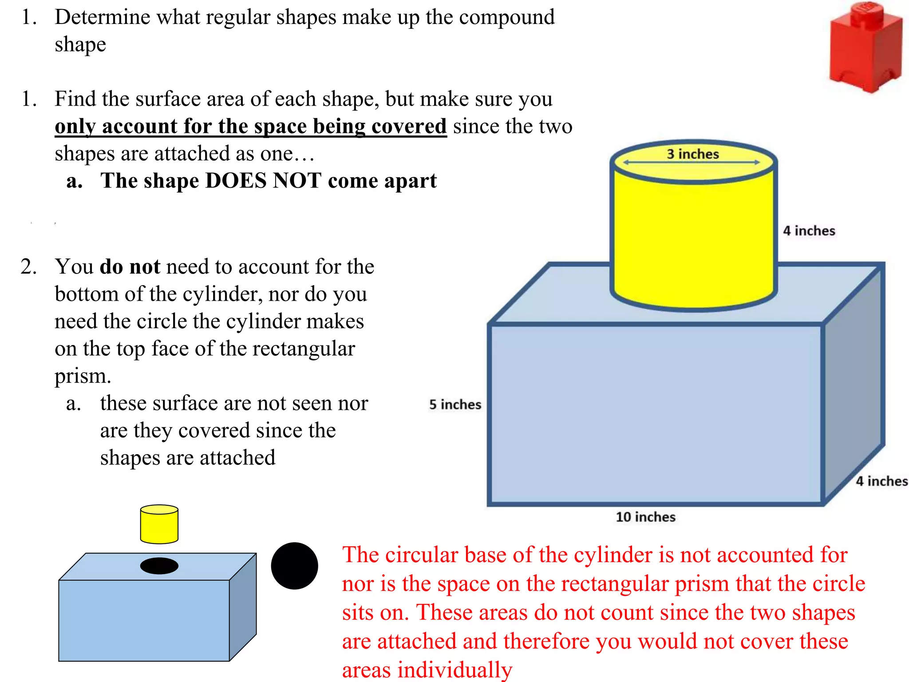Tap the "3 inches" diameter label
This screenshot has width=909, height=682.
coord(692,154)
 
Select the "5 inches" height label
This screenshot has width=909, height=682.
coord(455,404)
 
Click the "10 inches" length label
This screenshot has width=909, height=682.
coord(645,517)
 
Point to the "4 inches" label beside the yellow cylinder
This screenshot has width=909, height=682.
coord(809,231)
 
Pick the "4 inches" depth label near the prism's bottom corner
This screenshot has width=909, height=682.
coord(881,481)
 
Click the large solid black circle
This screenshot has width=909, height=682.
coord(294,566)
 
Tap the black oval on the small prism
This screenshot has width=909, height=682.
coord(159,566)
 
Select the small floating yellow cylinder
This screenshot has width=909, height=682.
coord(159,524)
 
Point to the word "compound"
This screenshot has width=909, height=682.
coord(506,18)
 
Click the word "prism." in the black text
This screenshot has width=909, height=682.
coord(83,377)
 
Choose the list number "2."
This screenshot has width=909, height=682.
coord(29,267)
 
